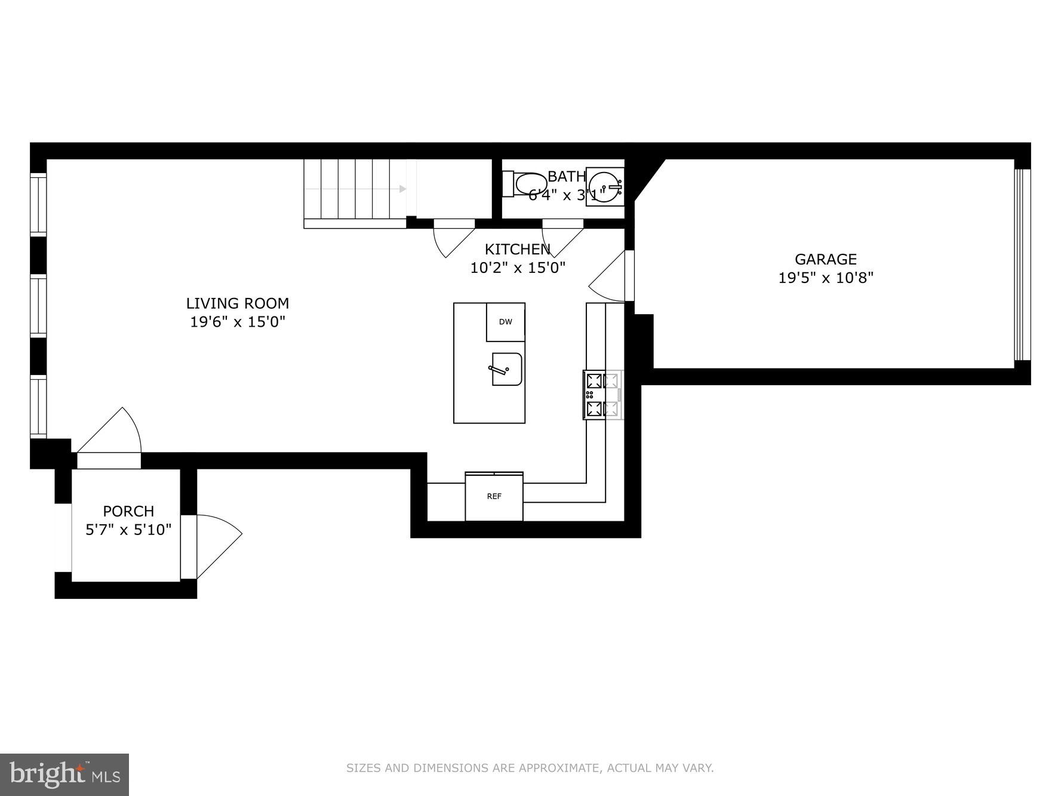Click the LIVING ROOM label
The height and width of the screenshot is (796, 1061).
[x=237, y=303]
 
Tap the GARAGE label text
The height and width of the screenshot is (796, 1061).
[x=825, y=259]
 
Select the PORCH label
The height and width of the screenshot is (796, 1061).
[x=128, y=511]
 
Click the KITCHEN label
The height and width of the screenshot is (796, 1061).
[x=517, y=249]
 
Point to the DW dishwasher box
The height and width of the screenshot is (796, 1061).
[x=505, y=322]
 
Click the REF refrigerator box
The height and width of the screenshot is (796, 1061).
[x=494, y=496]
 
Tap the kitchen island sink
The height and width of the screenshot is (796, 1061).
[x=506, y=369]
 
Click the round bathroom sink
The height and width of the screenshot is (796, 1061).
[x=605, y=186]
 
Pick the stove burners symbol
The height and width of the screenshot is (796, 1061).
[x=602, y=395]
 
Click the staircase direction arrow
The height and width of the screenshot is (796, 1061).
[x=403, y=189]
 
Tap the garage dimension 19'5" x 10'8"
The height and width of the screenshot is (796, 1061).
[x=825, y=278]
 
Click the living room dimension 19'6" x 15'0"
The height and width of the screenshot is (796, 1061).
[x=237, y=322]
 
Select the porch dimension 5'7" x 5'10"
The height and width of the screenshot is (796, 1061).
[x=128, y=530]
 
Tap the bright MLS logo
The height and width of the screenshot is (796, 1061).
[x=64, y=775]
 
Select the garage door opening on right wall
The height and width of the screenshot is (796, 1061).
[x=1022, y=265]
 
